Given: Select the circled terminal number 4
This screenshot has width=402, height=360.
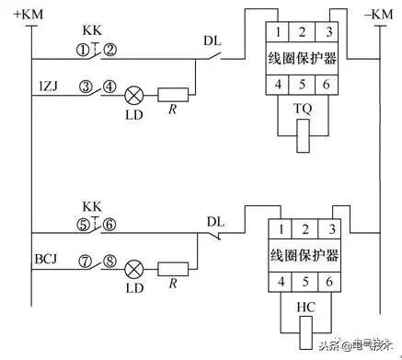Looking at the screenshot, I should click(x=108, y=87).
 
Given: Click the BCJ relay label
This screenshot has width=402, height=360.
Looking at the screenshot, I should click(x=49, y=262).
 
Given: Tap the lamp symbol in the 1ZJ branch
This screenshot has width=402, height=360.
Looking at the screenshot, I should click(x=132, y=94).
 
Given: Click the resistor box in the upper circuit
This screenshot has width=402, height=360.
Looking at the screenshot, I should click(x=174, y=94).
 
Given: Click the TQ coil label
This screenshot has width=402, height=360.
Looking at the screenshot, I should click(x=301, y=107).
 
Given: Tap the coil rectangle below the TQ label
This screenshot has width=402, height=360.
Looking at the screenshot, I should click(x=301, y=136).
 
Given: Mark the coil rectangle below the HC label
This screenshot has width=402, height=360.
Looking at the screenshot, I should click(x=301, y=331).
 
